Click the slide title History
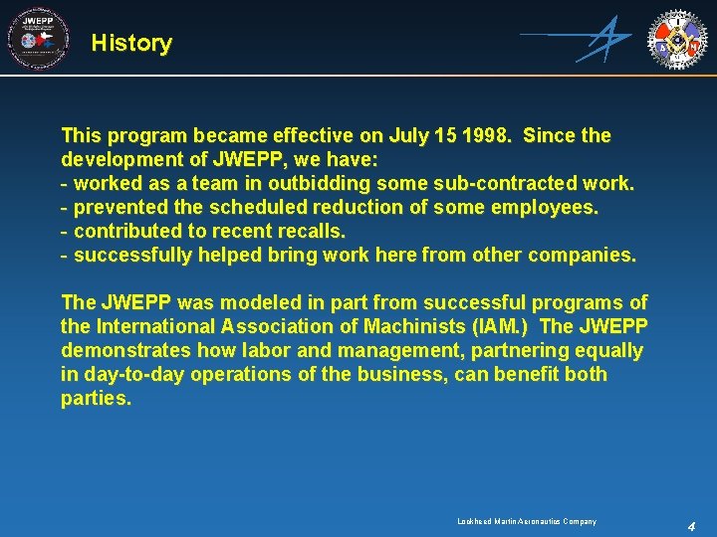point(130,43)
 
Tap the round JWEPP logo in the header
point(38,39)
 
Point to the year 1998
point(487,135)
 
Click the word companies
point(582,256)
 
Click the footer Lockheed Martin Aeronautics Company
point(527,521)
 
